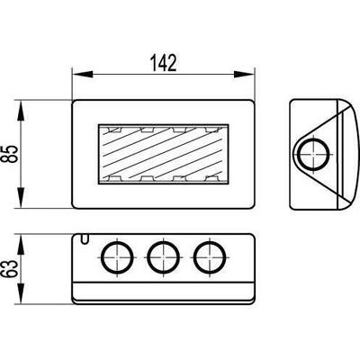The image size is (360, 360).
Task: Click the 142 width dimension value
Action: (x=163, y=63)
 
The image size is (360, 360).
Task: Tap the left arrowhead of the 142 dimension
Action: (x=83, y=74)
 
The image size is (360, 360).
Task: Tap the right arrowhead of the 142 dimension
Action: (x=244, y=74)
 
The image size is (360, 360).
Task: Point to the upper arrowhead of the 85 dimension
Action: (x=21, y=111)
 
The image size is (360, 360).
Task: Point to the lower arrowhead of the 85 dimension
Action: (x=21, y=197)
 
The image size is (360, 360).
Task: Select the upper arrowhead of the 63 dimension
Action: (x=21, y=245)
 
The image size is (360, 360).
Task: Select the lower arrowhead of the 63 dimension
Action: (x=21, y=293)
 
